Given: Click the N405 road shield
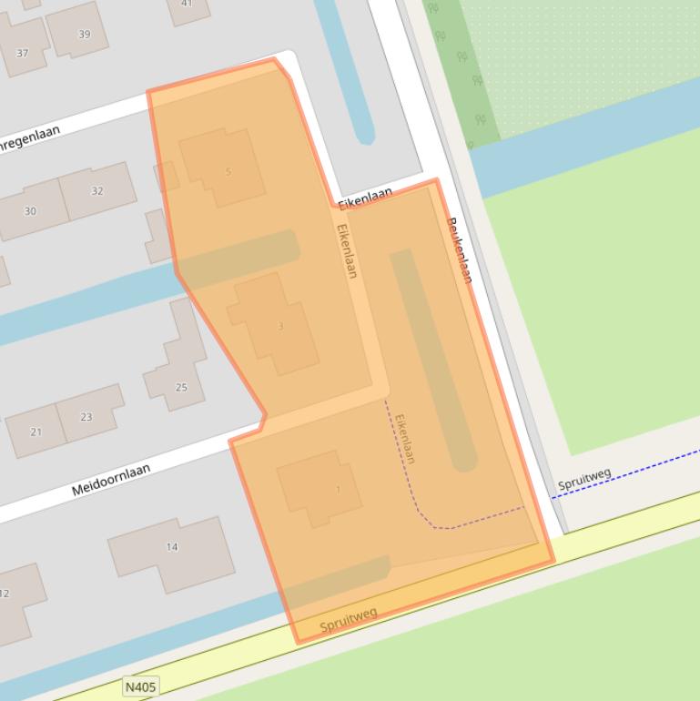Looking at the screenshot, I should pos(140,687).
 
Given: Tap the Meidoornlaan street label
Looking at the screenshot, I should pos(111,480).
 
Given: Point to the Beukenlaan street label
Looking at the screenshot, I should pos(459,249).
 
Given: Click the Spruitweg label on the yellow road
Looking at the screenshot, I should pos(348,622).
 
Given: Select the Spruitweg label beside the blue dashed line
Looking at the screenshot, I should pos(583,479).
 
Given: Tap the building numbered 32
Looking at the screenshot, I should pos(96,191).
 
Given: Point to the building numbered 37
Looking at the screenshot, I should pos(23,53).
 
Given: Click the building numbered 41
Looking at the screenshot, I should pos(187,5).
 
